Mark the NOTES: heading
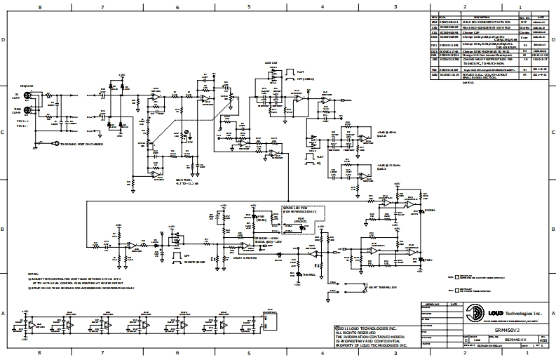(33, 274)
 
